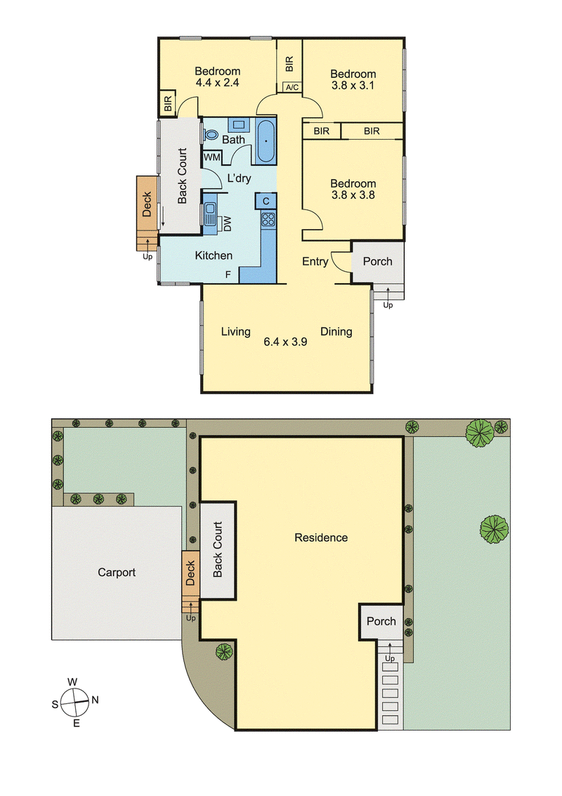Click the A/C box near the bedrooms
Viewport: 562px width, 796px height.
tap(292, 87)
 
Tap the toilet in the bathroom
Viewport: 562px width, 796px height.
tap(210, 135)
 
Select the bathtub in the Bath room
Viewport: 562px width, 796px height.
tap(266, 141)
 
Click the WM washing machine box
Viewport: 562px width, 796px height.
tap(212, 157)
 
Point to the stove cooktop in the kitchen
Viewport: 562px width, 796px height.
tap(268, 219)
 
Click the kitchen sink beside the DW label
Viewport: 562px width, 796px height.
tap(210, 214)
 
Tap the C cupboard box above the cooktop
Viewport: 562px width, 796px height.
tap(266, 201)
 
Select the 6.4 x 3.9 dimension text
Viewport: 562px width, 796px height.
tap(285, 342)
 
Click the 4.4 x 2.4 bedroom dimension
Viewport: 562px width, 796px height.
tap(217, 82)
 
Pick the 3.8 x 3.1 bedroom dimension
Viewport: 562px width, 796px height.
tap(353, 85)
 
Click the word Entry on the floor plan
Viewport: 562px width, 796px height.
tap(315, 261)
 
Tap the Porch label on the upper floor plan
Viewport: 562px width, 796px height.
tap(378, 261)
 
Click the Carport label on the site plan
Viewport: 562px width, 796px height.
tap(117, 573)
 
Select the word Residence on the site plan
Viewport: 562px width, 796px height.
tap(321, 537)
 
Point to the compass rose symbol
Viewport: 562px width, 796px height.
tap(74, 703)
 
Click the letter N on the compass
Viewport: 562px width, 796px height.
tap(95, 700)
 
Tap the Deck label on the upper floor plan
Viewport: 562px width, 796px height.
tap(147, 204)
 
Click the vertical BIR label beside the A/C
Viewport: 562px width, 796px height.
tap(289, 64)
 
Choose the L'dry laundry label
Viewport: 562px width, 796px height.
tap(239, 178)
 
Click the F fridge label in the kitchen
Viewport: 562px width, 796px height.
tap(228, 275)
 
